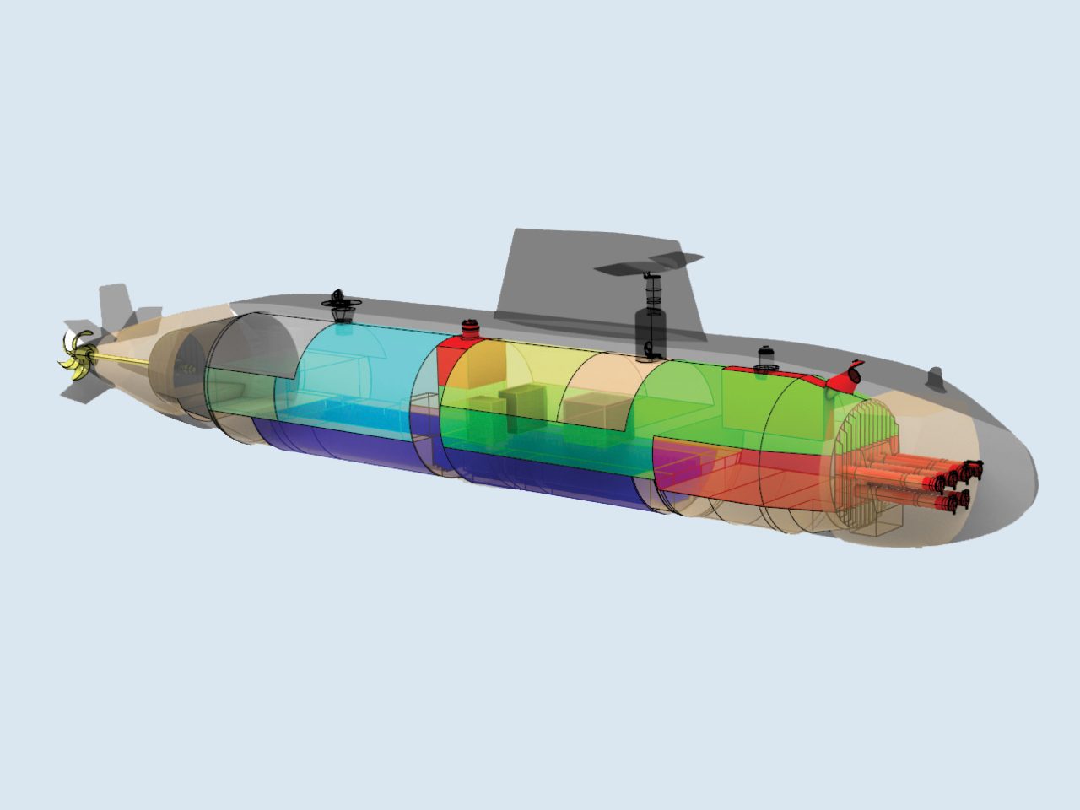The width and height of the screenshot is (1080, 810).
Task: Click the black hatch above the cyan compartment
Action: pos(341,305)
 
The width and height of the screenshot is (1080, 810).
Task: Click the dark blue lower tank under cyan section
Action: pos(337,443)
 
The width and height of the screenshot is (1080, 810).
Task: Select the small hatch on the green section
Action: pos(765,358)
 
